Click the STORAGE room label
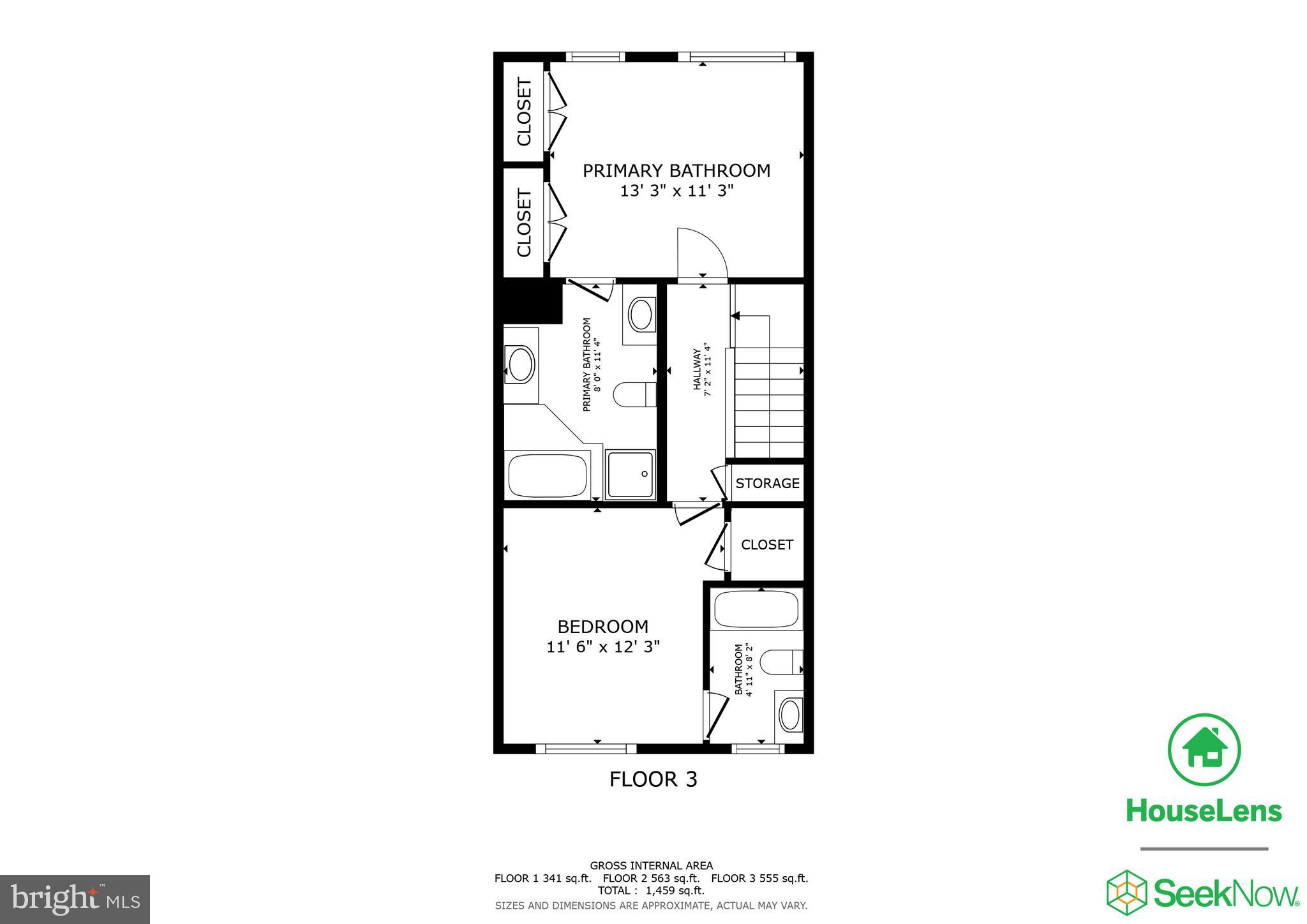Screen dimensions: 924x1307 767,483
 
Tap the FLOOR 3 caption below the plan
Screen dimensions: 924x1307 653,779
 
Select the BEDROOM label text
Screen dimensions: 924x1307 602,627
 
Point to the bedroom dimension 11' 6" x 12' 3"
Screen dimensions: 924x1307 602,646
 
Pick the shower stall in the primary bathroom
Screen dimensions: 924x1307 631,474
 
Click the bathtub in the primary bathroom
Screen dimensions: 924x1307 548,475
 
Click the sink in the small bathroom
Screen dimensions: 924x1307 790,714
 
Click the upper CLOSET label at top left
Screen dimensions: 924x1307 524,112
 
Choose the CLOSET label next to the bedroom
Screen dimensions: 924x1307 766,544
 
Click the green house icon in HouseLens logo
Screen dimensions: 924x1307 1204,749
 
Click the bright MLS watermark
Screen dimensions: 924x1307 75,900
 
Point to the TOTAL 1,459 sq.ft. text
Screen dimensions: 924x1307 651,890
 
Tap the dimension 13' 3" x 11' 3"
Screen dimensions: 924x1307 676,190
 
